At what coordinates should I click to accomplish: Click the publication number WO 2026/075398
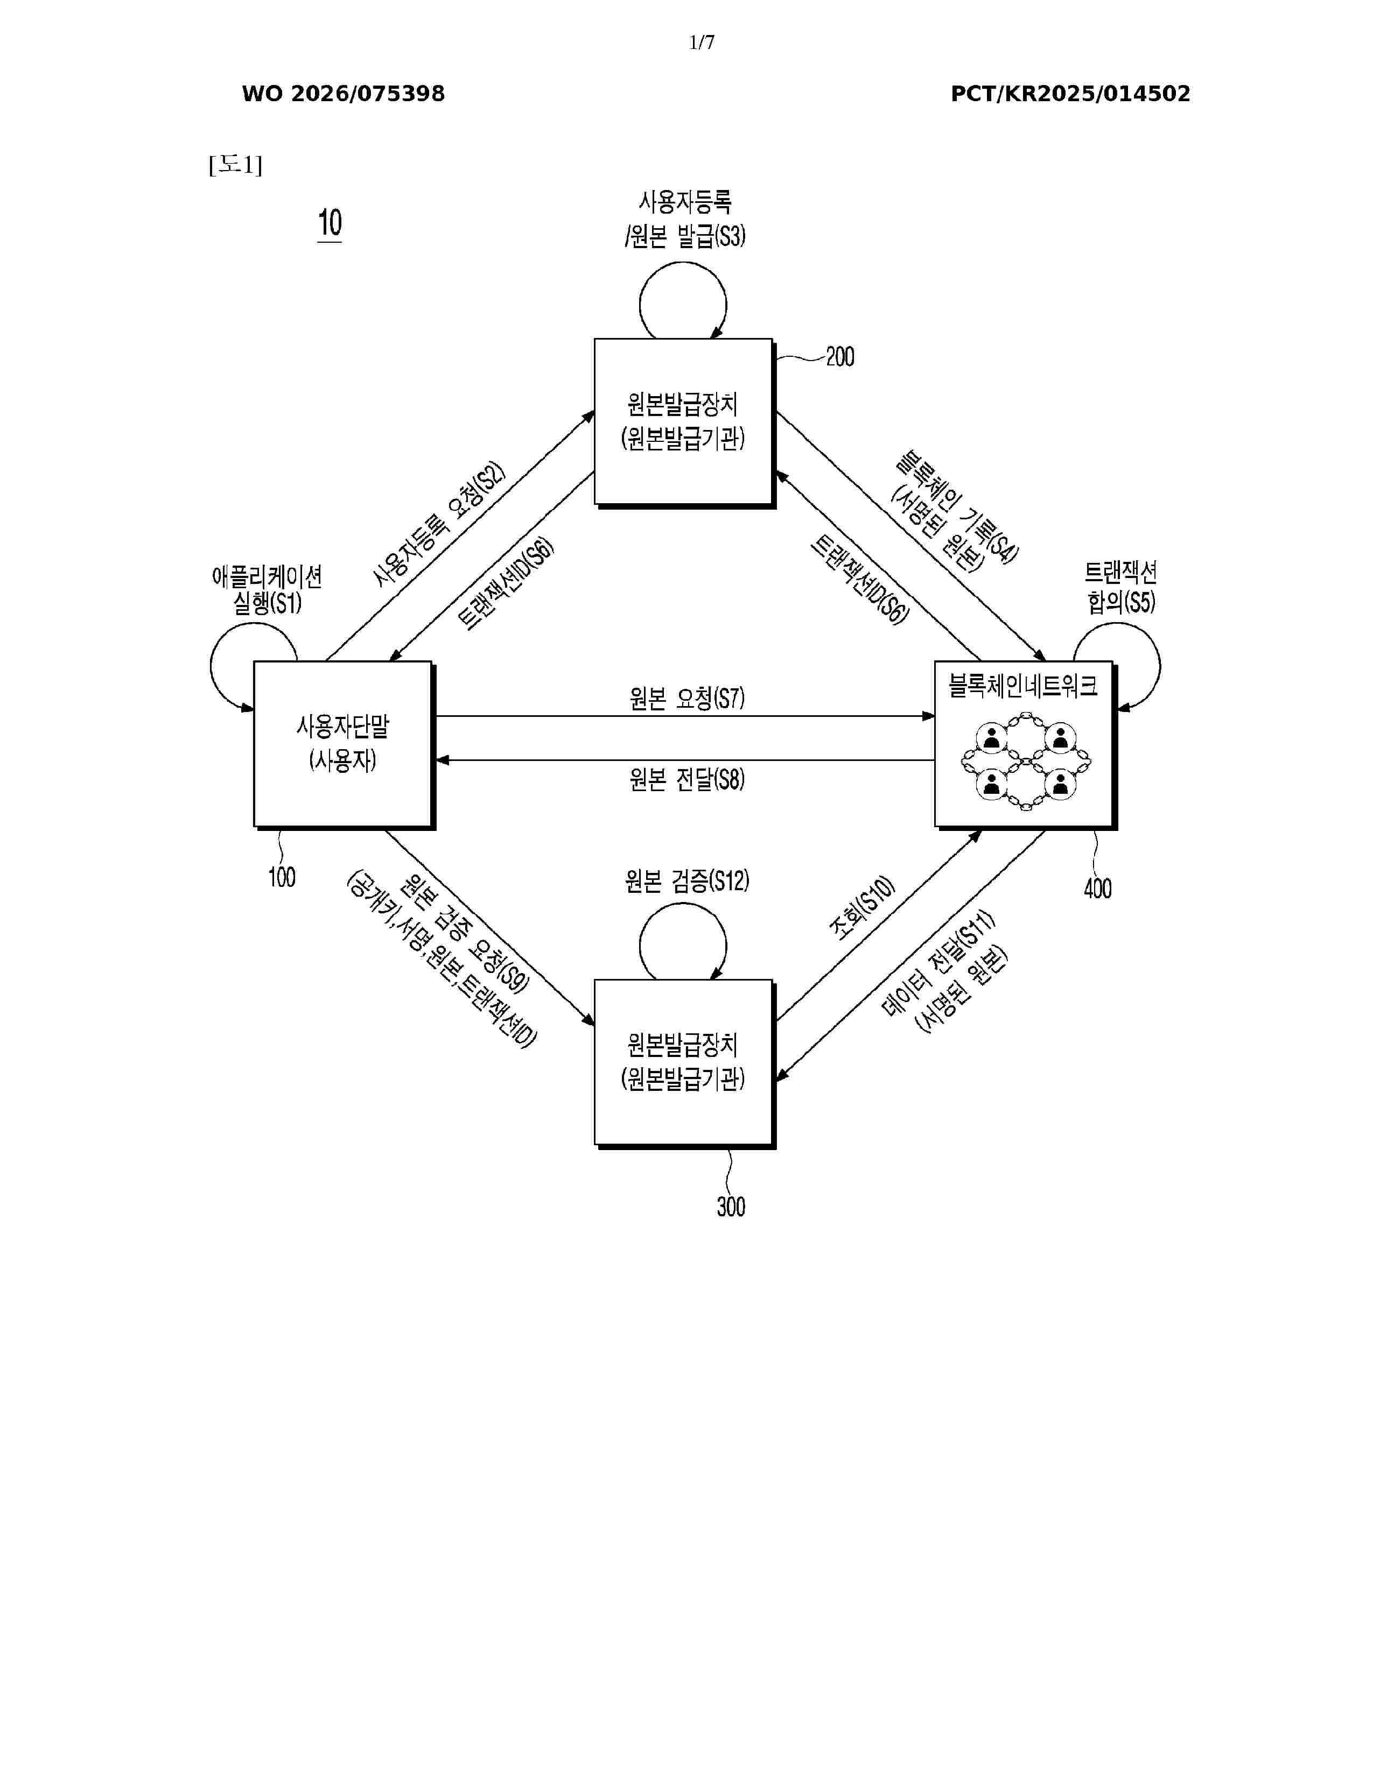[x=344, y=94]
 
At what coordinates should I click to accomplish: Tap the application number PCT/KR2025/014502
[x=1070, y=94]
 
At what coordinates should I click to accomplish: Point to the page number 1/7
[x=701, y=43]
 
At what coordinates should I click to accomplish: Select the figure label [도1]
[x=235, y=165]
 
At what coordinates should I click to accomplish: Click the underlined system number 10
[x=330, y=224]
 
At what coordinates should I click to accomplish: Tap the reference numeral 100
[x=282, y=877]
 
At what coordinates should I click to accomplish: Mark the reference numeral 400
[x=1097, y=888]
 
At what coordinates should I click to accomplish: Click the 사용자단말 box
[x=342, y=744]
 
